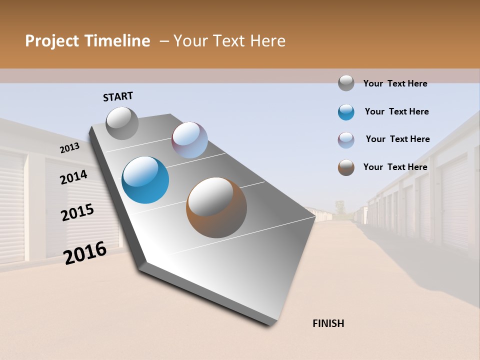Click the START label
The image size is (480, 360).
118,96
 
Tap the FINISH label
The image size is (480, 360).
328,323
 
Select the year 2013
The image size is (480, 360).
69,148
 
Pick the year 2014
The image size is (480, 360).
73,177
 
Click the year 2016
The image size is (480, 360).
85,253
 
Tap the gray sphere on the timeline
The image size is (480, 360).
122,123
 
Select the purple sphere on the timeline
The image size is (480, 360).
189,140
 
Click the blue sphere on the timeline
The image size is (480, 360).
145,180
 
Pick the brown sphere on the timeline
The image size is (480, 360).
216,207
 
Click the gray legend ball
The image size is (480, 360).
346,83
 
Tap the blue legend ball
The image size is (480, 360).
346,112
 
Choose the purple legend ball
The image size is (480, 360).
346,140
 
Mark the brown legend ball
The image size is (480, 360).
346,167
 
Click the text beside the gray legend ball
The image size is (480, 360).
395,83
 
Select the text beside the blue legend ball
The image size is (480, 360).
396,111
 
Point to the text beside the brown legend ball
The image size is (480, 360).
395,167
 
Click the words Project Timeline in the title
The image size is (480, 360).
87,41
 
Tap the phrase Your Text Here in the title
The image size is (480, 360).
229,41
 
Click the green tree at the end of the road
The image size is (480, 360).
340,206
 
